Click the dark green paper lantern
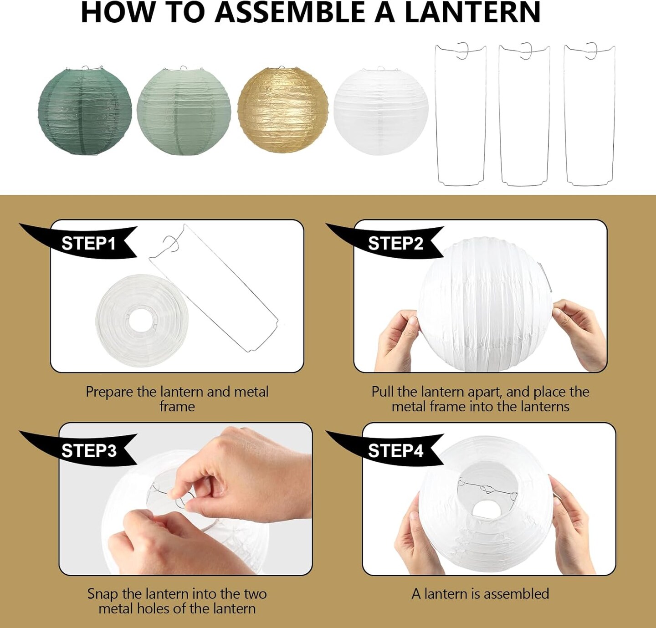point(85,111)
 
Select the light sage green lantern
point(184,111)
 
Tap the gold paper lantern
point(283,110)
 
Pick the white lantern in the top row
point(381,111)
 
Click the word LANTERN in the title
point(472,12)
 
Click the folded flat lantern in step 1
point(142,321)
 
